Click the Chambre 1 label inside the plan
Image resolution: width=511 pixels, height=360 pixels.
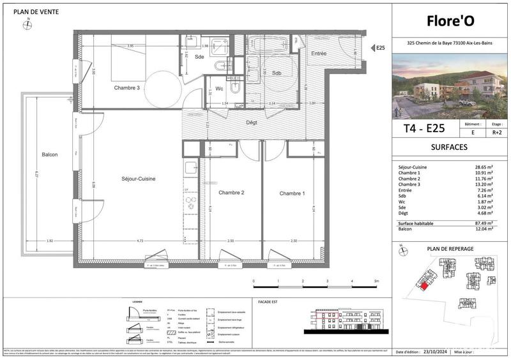point(292,193)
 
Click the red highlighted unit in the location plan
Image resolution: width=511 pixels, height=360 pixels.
point(423,284)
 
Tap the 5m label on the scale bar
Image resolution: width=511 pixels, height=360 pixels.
point(377,281)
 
